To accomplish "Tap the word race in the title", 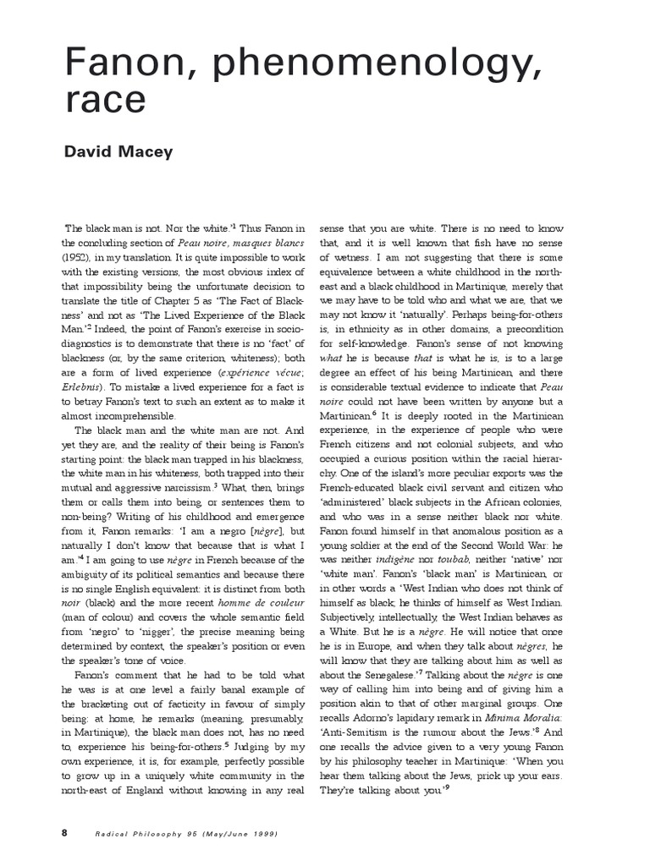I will (x=106, y=101).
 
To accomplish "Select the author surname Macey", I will (x=149, y=152).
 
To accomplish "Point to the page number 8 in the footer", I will (x=63, y=834).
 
